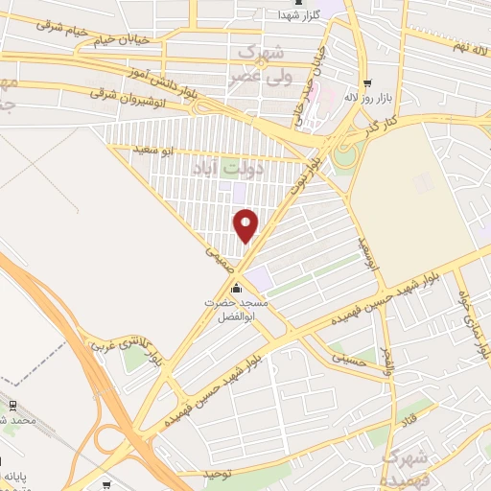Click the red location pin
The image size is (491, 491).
pos(246,224)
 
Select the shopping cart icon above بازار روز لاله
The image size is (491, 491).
pos(369,83)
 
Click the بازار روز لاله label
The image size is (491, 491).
pos(369,100)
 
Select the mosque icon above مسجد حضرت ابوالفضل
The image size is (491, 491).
pos(236,289)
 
